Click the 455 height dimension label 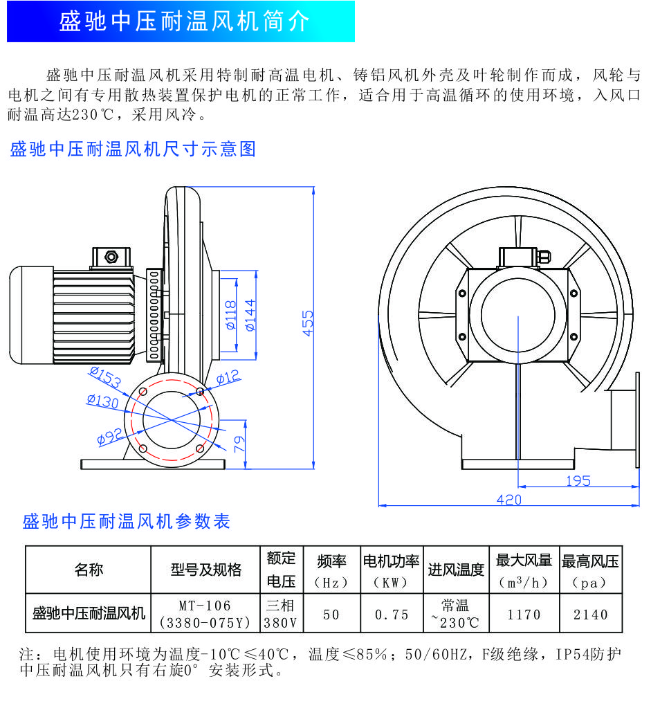(x=307, y=323)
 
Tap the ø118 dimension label (x=230, y=315)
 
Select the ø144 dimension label (x=250, y=315)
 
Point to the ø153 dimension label (x=105, y=377)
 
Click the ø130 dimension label (x=103, y=401)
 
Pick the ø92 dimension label (x=110, y=437)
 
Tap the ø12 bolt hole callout (x=228, y=376)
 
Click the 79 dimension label (x=240, y=444)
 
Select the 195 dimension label (x=578, y=481)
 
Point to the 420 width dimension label (x=508, y=500)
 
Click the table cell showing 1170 (x=524, y=614)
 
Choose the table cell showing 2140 (x=591, y=614)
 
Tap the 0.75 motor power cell (x=392, y=614)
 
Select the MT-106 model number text (x=205, y=606)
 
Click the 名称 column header (x=89, y=570)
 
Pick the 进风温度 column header (x=456, y=570)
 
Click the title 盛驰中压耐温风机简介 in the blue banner (x=185, y=21)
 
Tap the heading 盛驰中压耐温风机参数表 (x=127, y=522)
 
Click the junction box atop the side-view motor (x=111, y=258)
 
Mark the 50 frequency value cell (x=331, y=614)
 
